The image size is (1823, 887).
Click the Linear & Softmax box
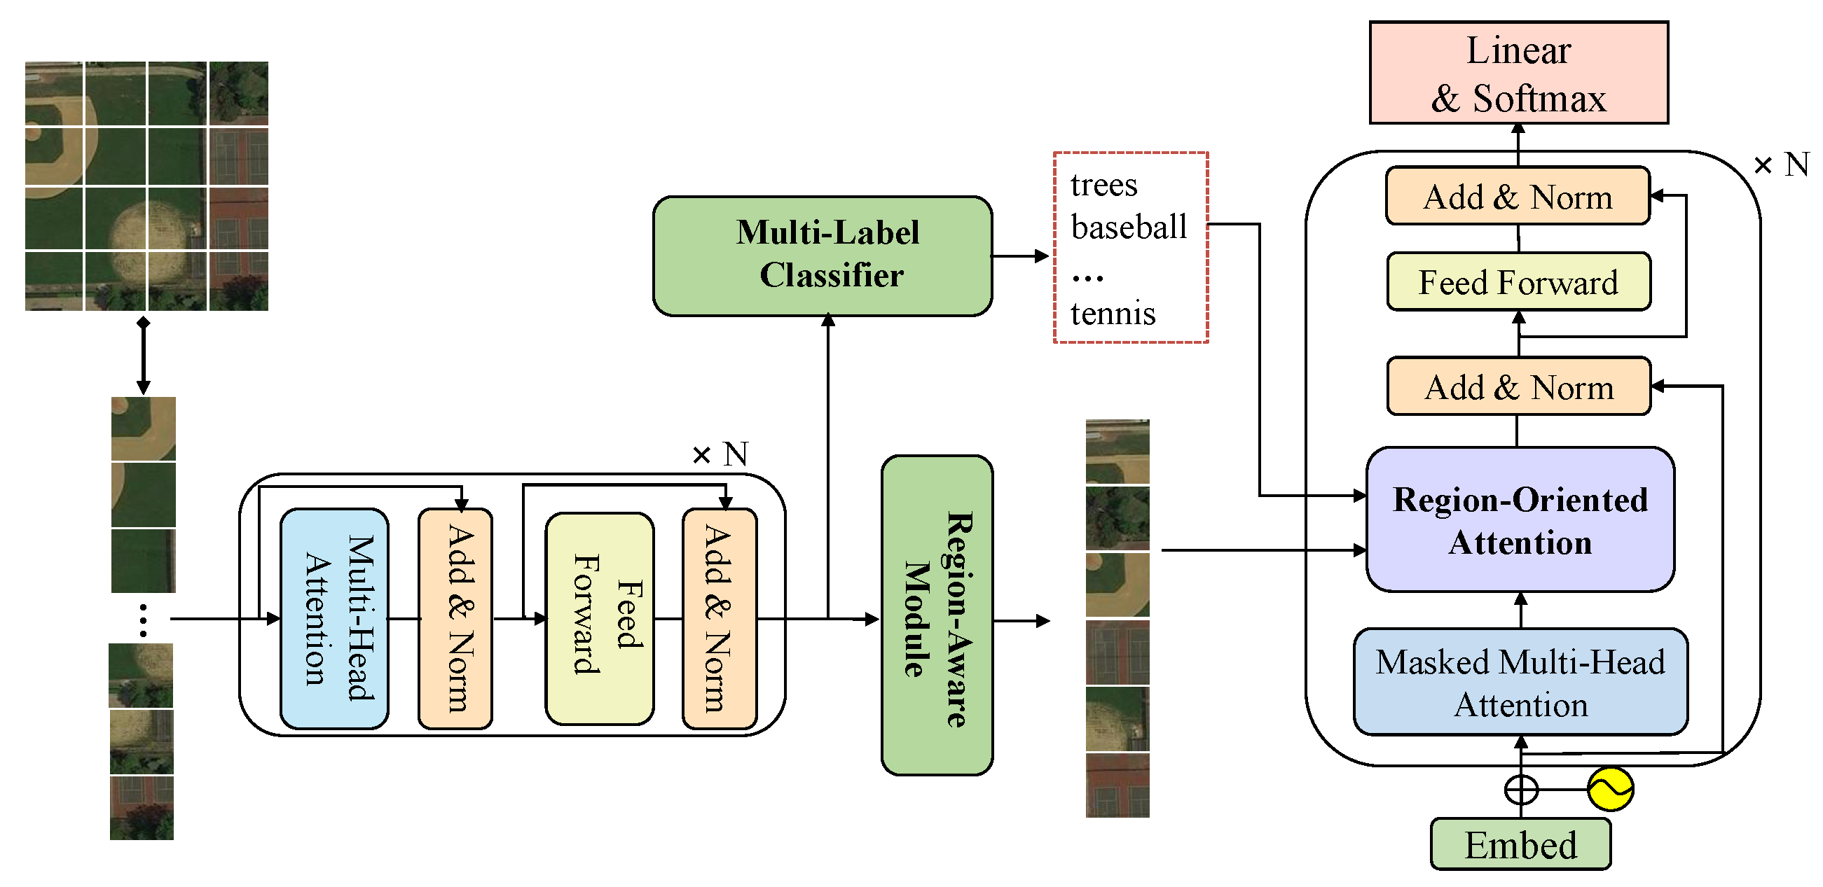pyautogui.click(x=1519, y=73)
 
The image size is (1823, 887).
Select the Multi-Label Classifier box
pyautogui.click(x=823, y=256)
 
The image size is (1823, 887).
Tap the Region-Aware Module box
pyautogui.click(x=937, y=615)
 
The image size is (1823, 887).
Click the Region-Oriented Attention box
pyautogui.click(x=1520, y=520)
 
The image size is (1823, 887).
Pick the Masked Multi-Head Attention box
pyautogui.click(x=1520, y=683)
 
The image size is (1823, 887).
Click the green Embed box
pyautogui.click(x=1520, y=844)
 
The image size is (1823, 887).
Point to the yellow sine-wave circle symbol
pyautogui.click(x=1611, y=789)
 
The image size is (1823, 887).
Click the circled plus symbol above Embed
pyautogui.click(x=1521, y=790)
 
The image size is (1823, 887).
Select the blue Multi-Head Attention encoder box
pyautogui.click(x=334, y=618)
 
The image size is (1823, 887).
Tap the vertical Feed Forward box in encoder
pyautogui.click(x=600, y=619)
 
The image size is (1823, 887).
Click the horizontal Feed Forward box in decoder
pyautogui.click(x=1519, y=282)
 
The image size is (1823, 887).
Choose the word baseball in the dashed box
pyautogui.click(x=1129, y=227)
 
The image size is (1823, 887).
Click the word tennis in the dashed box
pyautogui.click(x=1113, y=314)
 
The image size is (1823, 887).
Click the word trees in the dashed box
pyautogui.click(x=1104, y=186)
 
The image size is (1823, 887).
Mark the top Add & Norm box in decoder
pyautogui.click(x=1518, y=197)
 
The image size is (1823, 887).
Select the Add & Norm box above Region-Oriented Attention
pyautogui.click(x=1519, y=387)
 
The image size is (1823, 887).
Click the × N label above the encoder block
pyautogui.click(x=720, y=454)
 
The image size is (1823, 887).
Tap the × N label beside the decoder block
pyautogui.click(x=1781, y=165)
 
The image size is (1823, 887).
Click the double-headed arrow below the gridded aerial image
pyautogui.click(x=144, y=356)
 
